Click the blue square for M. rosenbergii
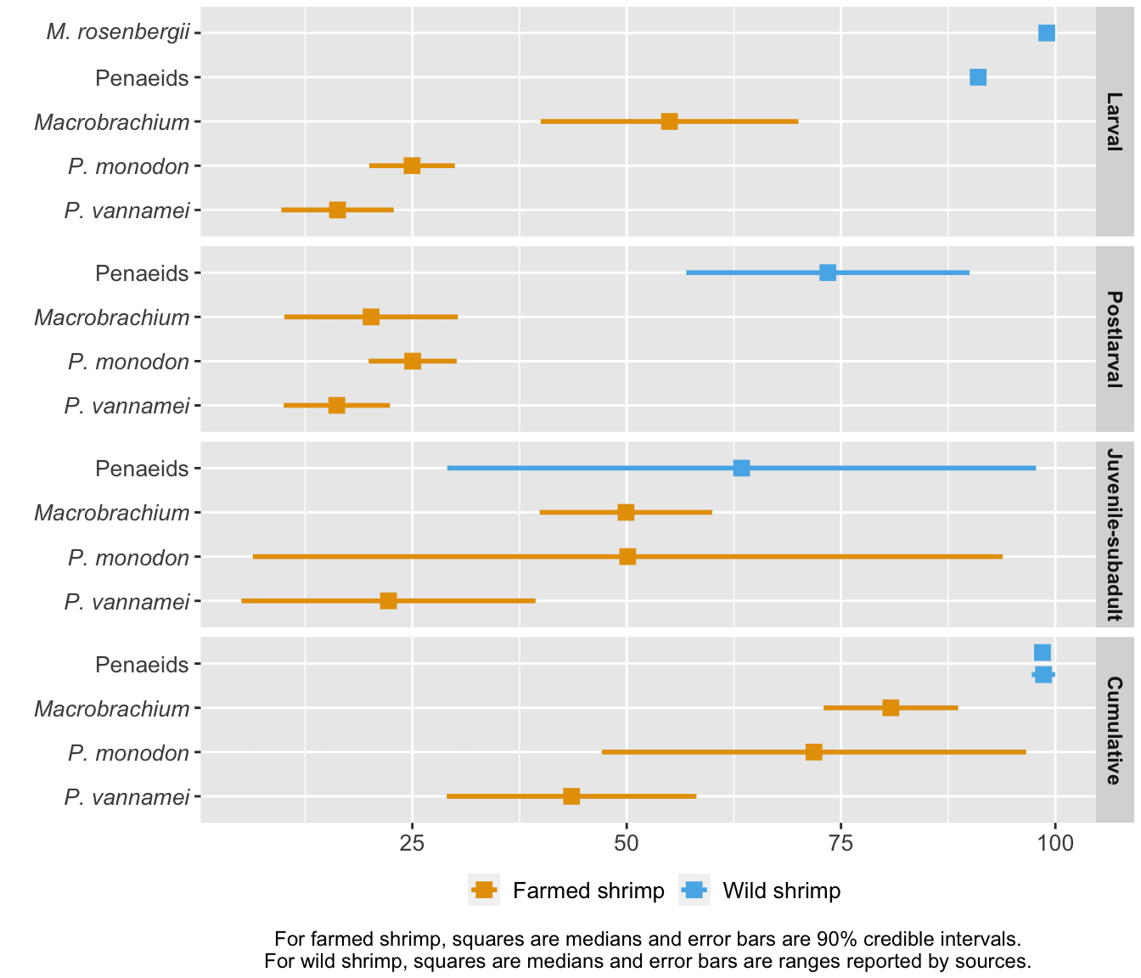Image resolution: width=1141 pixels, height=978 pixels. coord(1046,33)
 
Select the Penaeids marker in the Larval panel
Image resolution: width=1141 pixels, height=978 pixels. coord(978,77)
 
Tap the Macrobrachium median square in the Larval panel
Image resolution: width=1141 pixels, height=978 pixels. coord(669,121)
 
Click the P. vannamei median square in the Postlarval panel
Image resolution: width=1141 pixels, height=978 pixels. coord(336,405)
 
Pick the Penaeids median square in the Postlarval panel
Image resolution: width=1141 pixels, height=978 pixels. coord(828,273)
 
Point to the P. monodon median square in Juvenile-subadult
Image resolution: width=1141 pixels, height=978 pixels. coord(627,556)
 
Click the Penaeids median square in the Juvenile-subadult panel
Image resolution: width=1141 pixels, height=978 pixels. coord(741,468)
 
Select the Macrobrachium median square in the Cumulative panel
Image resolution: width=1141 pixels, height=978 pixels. coord(891,707)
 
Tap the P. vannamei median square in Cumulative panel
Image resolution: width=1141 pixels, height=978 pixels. coord(571,795)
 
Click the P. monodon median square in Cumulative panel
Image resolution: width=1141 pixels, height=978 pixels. coord(813,751)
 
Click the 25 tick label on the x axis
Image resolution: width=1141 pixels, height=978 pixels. coord(412,843)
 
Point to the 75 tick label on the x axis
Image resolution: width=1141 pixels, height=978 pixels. coord(840,843)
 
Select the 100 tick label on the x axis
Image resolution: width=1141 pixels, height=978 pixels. coord(1054,843)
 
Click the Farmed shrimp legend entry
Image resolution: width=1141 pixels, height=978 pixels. coord(568,891)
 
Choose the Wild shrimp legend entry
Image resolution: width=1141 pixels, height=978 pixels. coord(761,891)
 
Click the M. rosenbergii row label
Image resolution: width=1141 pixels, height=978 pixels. coord(118,33)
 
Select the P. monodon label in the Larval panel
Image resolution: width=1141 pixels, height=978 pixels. coord(129,166)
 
